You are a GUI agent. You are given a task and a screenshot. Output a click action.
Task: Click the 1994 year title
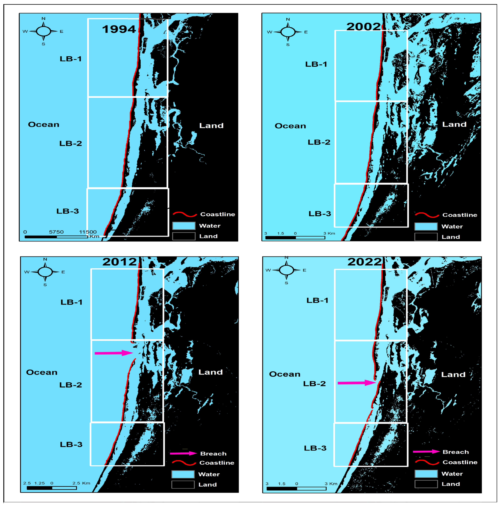click(119, 29)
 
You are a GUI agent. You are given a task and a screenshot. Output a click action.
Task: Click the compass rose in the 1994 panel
click(43, 31)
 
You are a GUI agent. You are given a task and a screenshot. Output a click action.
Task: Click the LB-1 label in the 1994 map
click(71, 59)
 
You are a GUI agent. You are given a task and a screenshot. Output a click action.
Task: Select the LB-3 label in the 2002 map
click(320, 214)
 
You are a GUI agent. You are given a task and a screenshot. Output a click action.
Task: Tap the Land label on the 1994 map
click(211, 126)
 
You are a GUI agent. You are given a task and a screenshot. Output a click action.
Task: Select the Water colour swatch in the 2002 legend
click(426, 226)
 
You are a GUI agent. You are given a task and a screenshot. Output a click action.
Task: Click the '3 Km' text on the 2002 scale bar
click(329, 233)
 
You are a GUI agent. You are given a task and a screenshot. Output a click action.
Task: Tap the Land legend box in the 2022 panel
click(426, 484)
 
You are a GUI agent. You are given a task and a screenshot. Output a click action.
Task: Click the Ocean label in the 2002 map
click(290, 126)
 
